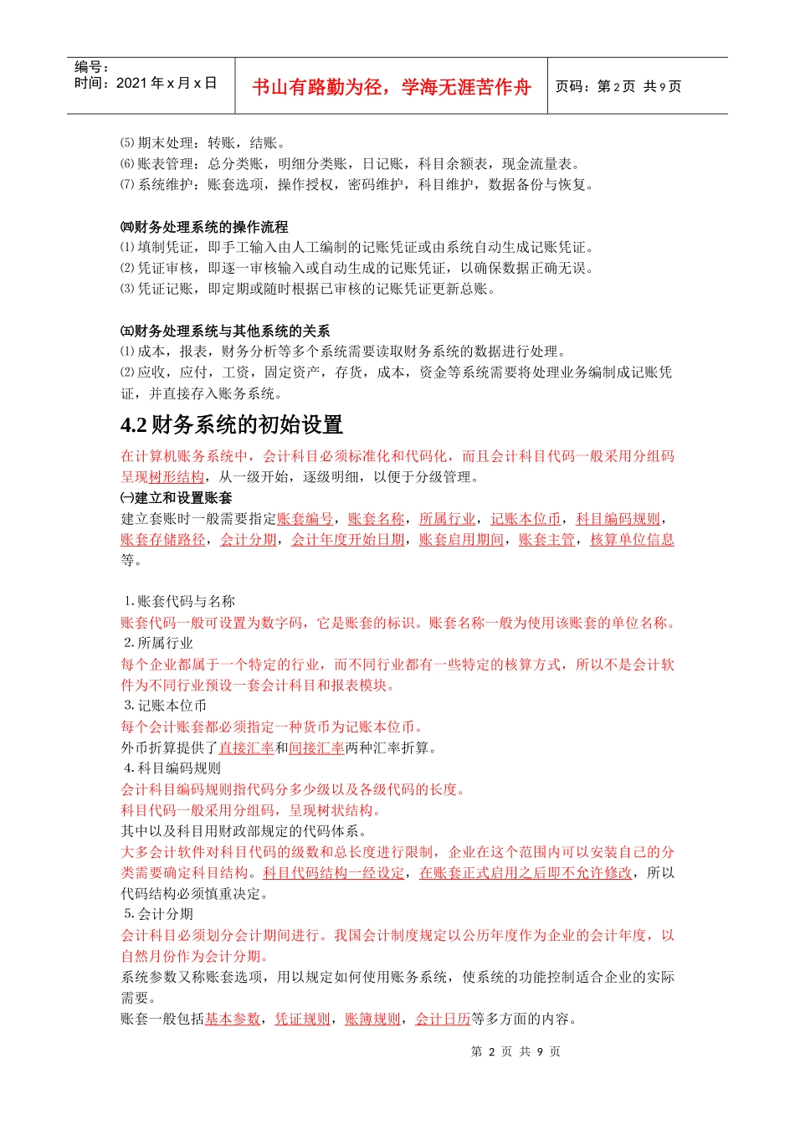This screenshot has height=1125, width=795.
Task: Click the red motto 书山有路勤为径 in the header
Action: [392, 87]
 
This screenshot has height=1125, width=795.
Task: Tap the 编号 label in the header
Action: [92, 67]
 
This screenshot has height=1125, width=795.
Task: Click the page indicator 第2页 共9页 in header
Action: [618, 86]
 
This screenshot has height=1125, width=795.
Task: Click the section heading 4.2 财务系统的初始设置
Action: [232, 425]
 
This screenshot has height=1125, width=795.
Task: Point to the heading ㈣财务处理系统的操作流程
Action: [204, 227]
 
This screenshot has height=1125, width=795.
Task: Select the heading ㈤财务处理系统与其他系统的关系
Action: [225, 331]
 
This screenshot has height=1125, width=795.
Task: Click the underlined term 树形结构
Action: [177, 477]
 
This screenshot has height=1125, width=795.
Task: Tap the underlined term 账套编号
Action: [305, 519]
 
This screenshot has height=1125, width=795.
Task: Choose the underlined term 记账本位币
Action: [526, 519]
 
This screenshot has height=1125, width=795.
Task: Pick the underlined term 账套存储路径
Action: [163, 540]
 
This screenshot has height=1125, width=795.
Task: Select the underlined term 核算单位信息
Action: [632, 540]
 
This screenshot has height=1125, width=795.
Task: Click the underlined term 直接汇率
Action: [246, 747]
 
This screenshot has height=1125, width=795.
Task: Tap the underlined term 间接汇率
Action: [316, 747]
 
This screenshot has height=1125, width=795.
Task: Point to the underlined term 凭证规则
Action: [303, 1019]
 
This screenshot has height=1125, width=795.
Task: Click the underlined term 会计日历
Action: [443, 1019]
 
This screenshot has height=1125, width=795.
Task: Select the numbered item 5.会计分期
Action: [159, 914]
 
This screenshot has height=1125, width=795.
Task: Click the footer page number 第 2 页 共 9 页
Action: [515, 1051]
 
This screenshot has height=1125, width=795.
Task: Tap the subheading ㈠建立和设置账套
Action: [177, 498]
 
